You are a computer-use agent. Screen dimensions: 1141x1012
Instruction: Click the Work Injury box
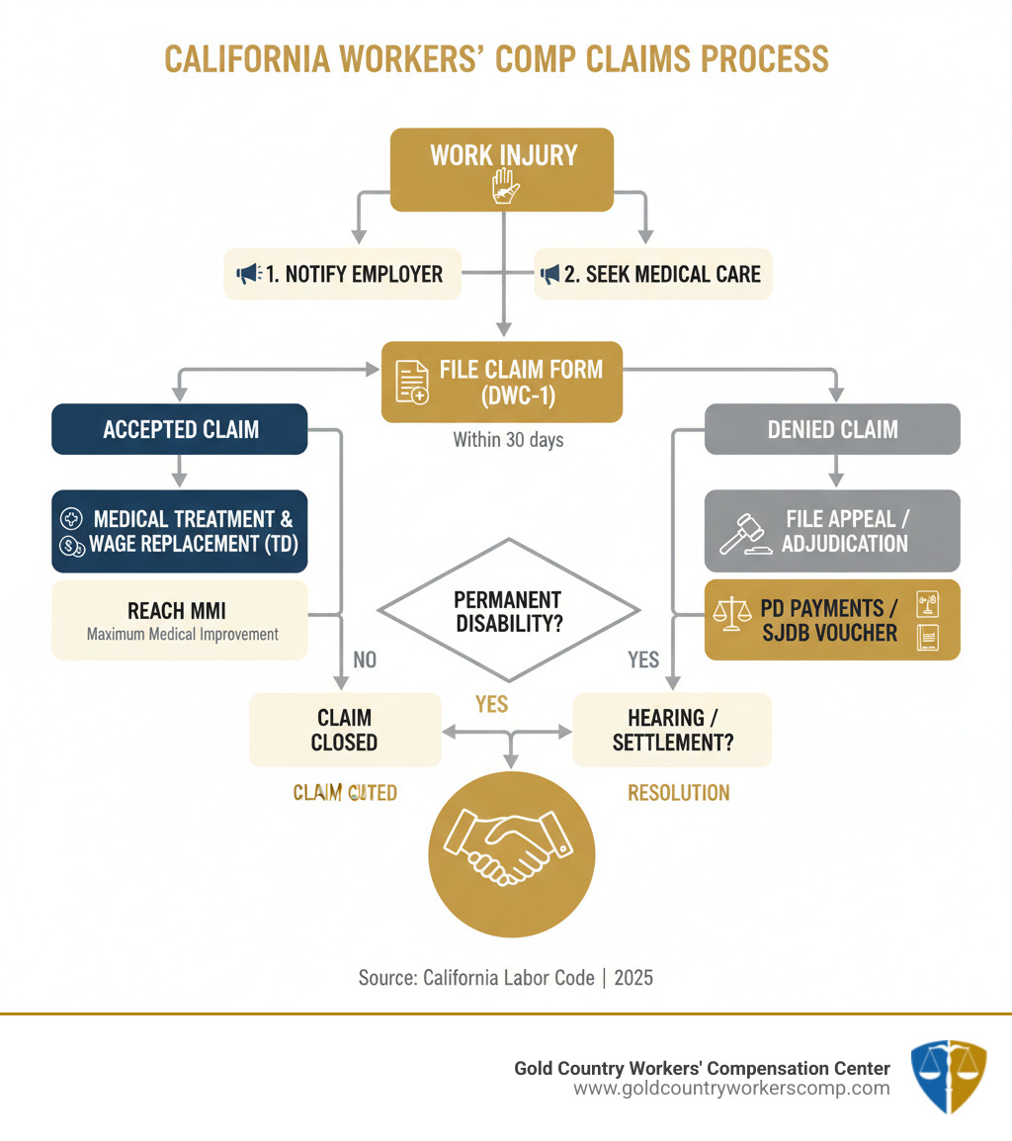(503, 169)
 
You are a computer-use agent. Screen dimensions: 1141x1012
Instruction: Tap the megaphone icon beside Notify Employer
(247, 274)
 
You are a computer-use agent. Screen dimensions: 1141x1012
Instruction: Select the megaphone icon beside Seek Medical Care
(548, 274)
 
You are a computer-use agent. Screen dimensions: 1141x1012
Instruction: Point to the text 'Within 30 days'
(508, 439)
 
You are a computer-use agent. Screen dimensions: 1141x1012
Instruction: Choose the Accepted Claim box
(180, 429)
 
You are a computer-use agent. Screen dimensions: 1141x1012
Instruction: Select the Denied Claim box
(832, 429)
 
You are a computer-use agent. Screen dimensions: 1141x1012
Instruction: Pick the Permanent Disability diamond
(508, 611)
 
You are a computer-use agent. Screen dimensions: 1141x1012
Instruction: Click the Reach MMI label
(177, 611)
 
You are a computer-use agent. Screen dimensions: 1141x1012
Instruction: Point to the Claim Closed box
(344, 730)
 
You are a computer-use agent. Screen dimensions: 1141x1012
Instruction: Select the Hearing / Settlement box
(672, 730)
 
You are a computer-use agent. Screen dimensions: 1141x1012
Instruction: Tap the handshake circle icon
(511, 853)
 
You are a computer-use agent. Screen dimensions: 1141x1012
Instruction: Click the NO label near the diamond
(364, 659)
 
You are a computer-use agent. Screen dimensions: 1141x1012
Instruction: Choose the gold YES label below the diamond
(491, 703)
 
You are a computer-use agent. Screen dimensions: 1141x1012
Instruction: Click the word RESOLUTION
(678, 793)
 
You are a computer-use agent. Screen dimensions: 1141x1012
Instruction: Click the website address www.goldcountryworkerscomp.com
(731, 1089)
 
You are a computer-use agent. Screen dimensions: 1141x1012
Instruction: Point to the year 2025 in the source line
(633, 978)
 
